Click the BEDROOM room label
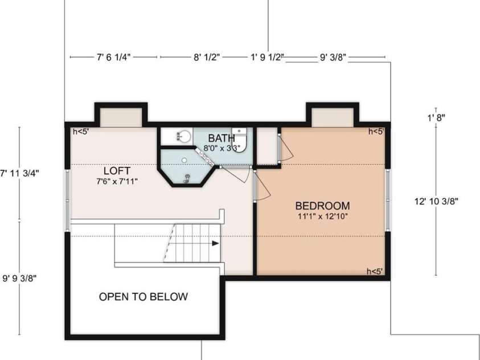[322, 206]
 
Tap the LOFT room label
[117, 170]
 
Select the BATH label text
[221, 138]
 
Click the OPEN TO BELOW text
[143, 297]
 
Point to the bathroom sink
[184, 137]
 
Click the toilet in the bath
[240, 139]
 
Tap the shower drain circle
[186, 159]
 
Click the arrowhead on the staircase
[215, 243]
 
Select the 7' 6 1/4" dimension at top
[114, 57]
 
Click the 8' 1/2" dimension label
[207, 57]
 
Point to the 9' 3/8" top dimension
[333, 57]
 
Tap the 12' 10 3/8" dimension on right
[436, 201]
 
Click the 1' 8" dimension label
[436, 117]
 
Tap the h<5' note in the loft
[81, 132]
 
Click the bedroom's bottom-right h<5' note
[375, 271]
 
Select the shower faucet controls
[187, 178]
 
